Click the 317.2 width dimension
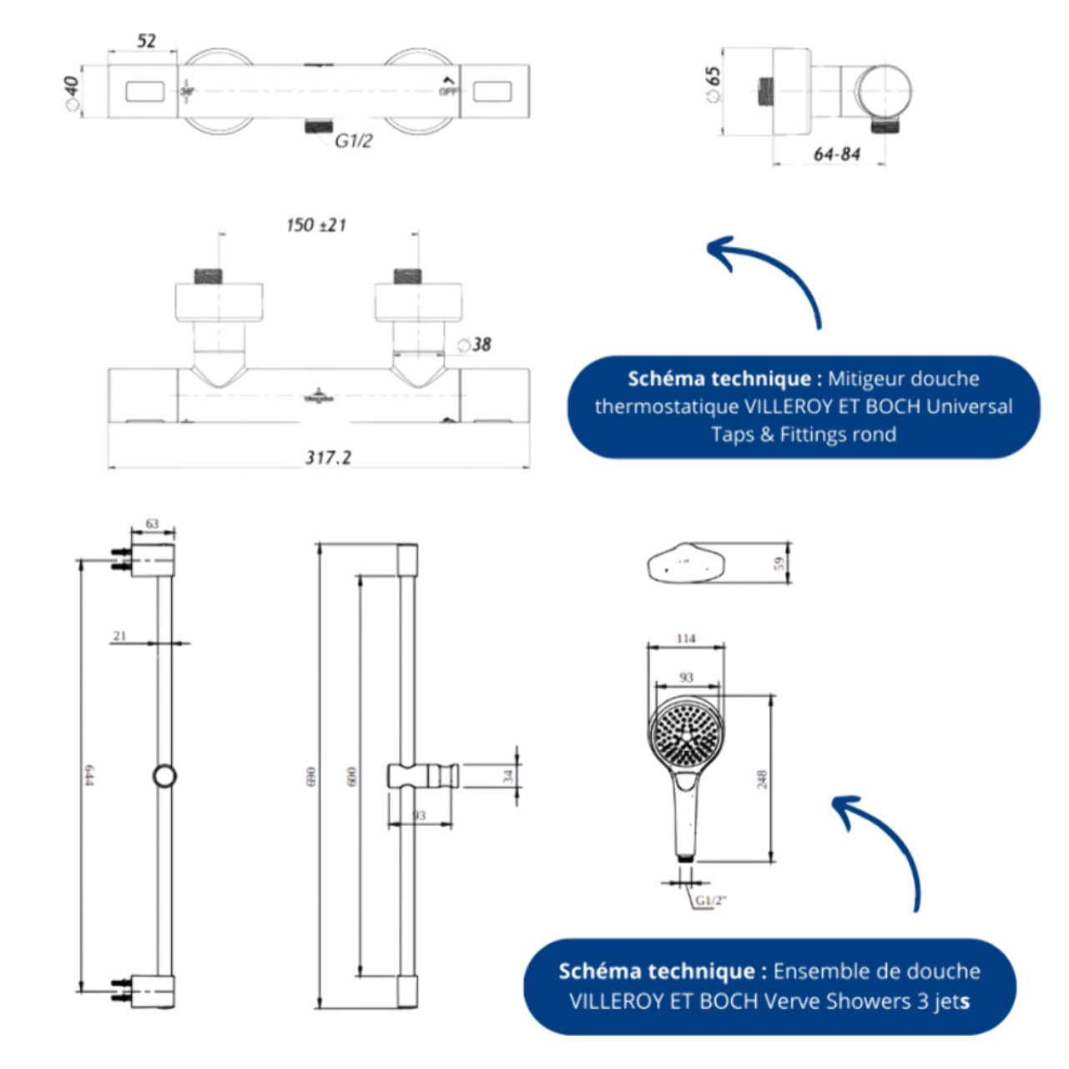coord(328,457)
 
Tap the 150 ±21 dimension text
coord(315,225)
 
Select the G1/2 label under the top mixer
coord(353,141)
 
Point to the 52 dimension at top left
coord(146,41)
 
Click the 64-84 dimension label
coord(836,154)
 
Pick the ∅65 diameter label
coord(713,84)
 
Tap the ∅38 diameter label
coord(474,345)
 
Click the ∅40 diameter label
coord(71,92)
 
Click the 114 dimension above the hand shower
coord(686,638)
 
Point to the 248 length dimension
coord(761,779)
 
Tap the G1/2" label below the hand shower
coord(711,900)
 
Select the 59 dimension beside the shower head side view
coord(779,564)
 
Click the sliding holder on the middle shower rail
coord(422,776)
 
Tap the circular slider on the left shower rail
coord(164,776)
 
